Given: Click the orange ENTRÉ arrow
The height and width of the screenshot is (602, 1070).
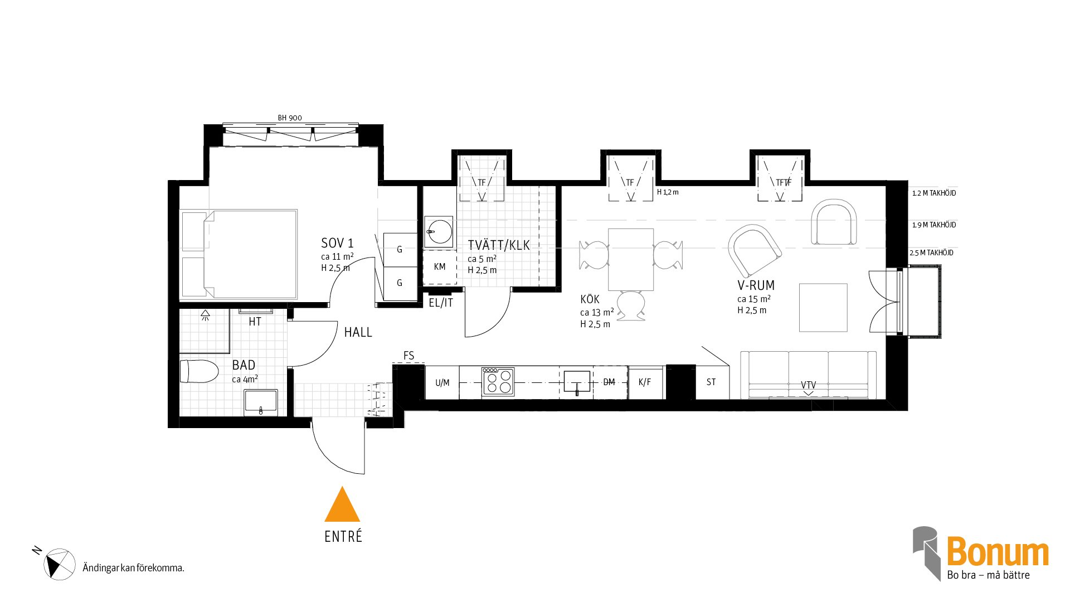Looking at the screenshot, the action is pos(342,505).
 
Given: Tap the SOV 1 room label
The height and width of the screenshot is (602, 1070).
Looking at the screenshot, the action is pos(337,243).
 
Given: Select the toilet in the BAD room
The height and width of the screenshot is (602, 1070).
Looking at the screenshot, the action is pos(199,371).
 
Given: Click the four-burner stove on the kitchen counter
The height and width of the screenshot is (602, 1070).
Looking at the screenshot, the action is pos(498,382).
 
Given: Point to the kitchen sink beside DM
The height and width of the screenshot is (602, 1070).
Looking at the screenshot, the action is pos(577,382).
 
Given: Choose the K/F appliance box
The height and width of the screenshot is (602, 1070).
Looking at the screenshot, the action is pos(645,382).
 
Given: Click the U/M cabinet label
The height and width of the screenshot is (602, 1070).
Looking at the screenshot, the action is pos(442,383).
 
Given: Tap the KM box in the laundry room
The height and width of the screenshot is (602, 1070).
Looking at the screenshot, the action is pos(440,268).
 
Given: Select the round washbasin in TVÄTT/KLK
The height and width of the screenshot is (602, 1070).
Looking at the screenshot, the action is pos(440,231).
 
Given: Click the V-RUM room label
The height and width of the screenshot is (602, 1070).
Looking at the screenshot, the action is pos(756,285).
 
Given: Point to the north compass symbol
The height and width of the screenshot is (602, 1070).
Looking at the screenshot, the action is pos(59,564).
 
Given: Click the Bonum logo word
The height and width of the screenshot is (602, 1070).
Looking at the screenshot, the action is pos(998,552).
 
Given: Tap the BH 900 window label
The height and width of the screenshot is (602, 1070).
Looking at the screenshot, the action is pos(290,118).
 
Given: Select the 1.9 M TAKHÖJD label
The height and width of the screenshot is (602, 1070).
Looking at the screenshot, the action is pos(934,225).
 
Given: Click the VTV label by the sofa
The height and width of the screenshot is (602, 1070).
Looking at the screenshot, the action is pos(808,385).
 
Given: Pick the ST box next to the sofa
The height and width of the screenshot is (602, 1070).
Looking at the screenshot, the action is pos(712,382).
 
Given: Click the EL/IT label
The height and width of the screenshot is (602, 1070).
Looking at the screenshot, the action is pos(441,303).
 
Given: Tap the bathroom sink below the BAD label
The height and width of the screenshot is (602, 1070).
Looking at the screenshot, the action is pos(261,402).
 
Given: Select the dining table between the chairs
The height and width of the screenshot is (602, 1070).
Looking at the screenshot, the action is pos(631,259).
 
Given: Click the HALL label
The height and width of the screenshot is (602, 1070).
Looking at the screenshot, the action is pos(358,332).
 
